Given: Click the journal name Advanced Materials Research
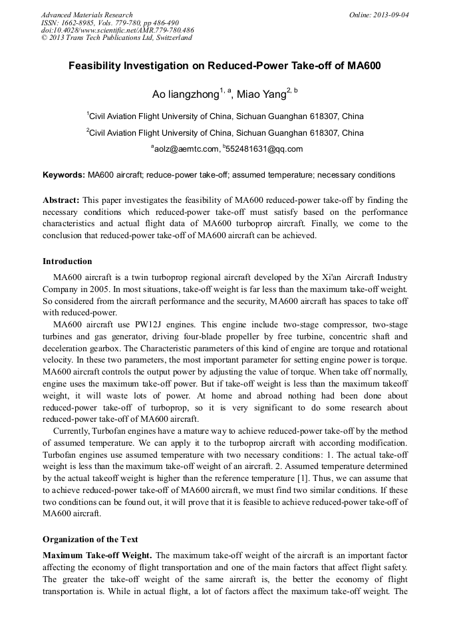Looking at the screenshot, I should point(86,15).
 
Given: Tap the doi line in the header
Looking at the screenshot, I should point(117,30).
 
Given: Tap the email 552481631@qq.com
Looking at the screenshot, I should point(264,149).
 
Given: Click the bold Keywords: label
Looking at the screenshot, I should point(64,176).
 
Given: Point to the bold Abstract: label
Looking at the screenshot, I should point(61,200).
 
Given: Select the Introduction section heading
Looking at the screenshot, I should point(67,261).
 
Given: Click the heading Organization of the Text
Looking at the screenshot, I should point(90,539).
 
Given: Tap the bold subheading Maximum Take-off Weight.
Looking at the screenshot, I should point(97,555).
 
